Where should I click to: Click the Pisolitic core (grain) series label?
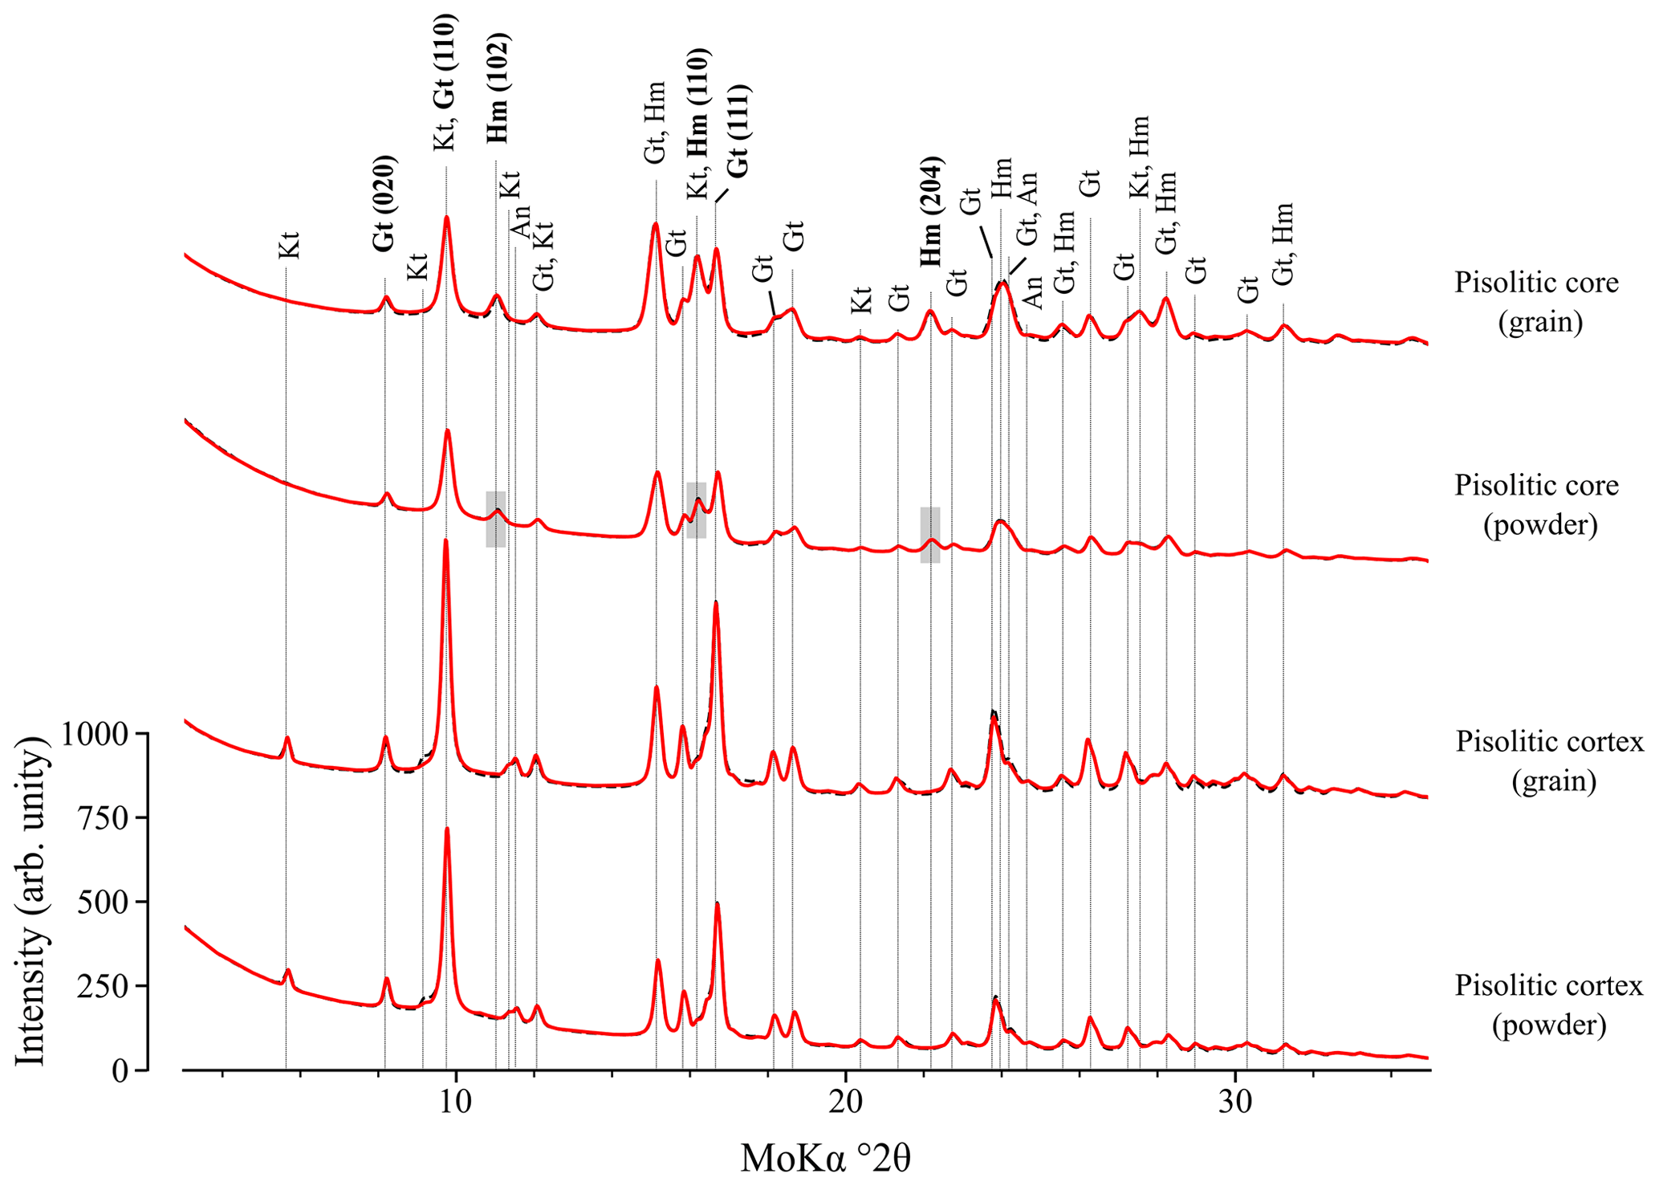pyautogui.click(x=1537, y=302)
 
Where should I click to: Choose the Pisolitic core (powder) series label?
pyautogui.click(x=1537, y=505)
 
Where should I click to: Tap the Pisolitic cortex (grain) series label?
pyautogui.click(x=1550, y=760)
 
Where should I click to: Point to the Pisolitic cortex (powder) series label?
pyautogui.click(x=1549, y=1005)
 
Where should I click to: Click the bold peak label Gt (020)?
pyautogui.click(x=384, y=204)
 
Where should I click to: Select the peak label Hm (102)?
pyautogui.click(x=498, y=88)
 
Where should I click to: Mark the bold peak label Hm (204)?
pyautogui.click(x=931, y=211)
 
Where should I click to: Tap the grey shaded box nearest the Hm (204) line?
pyautogui.click(x=930, y=535)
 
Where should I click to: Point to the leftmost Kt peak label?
pyautogui.click(x=289, y=245)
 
